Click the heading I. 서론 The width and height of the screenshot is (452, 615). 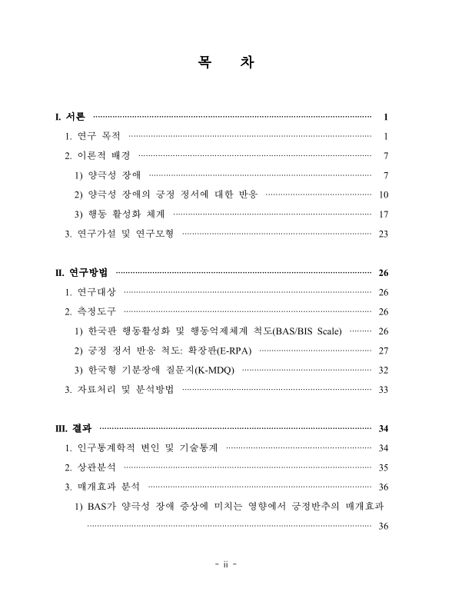tap(71, 117)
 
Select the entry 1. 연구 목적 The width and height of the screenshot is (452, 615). tap(94, 136)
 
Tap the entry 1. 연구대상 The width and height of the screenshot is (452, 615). tap(91, 292)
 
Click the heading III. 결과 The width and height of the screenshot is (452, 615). tap(75, 428)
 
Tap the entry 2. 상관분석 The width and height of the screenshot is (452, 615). tap(91, 467)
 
